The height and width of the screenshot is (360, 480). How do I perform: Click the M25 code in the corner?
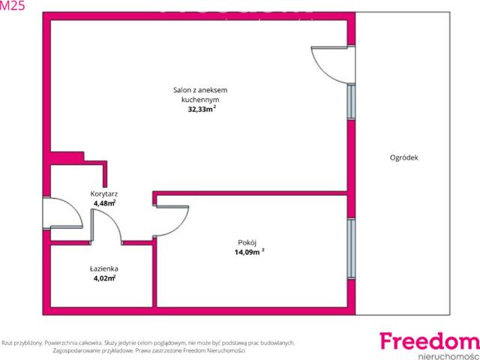click(12, 5)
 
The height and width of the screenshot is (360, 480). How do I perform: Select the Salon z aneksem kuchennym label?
click(200, 95)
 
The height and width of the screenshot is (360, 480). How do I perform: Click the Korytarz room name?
click(104, 193)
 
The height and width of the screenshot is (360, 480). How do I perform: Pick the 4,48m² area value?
click(104, 203)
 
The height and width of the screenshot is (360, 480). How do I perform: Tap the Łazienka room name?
click(104, 268)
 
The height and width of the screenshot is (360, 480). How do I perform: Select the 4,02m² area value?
click(104, 278)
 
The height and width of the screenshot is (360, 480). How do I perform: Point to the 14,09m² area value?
click(249, 252)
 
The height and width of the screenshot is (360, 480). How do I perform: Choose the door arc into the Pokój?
click(181, 226)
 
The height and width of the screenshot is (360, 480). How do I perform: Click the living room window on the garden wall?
click(352, 102)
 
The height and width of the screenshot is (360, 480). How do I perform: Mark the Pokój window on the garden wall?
click(352, 248)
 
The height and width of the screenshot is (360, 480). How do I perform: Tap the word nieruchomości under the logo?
click(448, 356)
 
